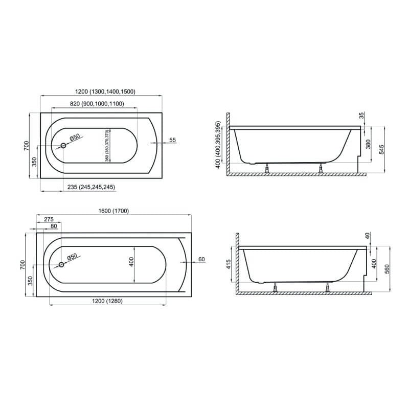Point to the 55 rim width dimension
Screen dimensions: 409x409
172,140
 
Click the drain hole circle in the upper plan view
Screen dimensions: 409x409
63,146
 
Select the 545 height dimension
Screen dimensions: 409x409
381,149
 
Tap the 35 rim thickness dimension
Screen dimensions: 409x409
361,116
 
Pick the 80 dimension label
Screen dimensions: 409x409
54,226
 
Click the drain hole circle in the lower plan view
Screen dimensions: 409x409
61,264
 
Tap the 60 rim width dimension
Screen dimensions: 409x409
201,259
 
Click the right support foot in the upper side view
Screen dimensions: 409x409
321,168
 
